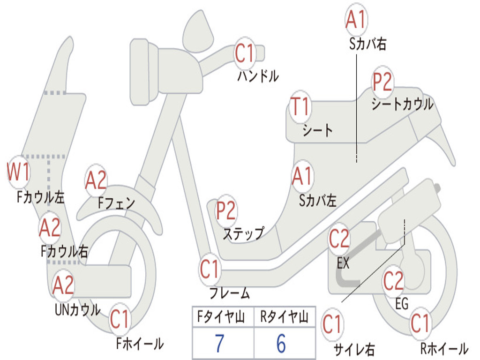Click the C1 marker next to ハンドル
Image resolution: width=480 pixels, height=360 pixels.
click(x=244, y=53)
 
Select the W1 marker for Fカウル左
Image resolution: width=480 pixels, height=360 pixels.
click(x=19, y=172)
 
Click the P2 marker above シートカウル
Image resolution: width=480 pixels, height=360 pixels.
click(x=382, y=82)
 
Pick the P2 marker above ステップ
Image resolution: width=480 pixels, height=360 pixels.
click(x=226, y=210)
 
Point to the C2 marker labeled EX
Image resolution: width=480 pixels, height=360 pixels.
click(x=339, y=239)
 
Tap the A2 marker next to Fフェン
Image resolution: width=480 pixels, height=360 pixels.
click(x=96, y=180)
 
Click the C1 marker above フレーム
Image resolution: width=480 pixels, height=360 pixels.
click(x=210, y=270)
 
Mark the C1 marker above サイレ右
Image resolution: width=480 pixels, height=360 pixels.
click(x=332, y=325)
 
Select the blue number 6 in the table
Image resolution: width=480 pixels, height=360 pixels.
click(x=281, y=344)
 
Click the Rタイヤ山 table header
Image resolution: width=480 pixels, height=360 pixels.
click(x=284, y=318)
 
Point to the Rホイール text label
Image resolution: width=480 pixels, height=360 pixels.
click(x=443, y=349)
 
